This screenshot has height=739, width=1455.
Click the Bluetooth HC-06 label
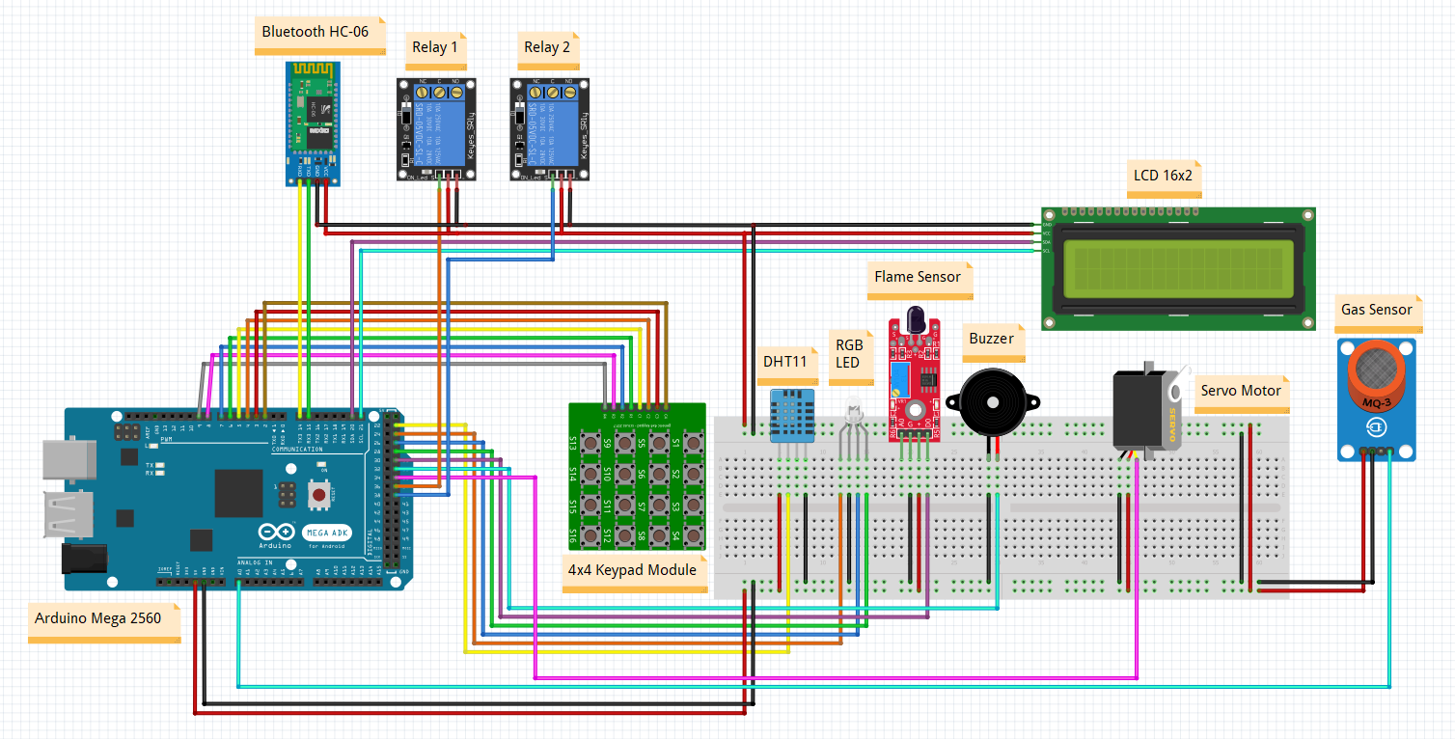(316, 32)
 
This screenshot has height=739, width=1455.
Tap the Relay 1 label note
(435, 47)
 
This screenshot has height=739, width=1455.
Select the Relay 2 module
(550, 128)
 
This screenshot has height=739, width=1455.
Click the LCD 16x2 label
(1162, 177)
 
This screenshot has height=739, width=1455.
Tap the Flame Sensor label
(918, 277)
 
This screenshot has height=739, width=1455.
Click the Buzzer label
(991, 339)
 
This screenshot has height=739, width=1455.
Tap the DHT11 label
(784, 362)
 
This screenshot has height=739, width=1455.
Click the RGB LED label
(849, 353)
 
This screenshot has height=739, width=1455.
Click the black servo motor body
(1140, 410)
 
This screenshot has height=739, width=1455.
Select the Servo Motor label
(1241, 391)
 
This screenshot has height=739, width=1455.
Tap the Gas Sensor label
(1376, 310)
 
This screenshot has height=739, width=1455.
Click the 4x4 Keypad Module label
(632, 569)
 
